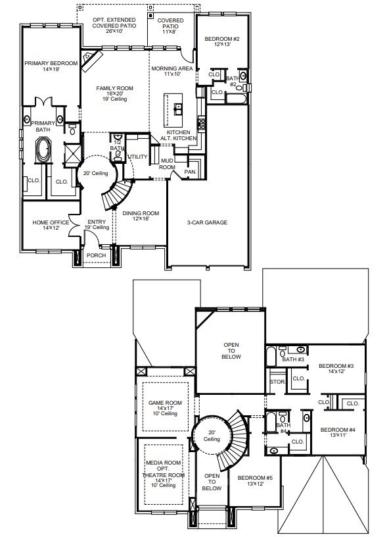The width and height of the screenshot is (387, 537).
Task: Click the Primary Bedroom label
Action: click(x=51, y=64)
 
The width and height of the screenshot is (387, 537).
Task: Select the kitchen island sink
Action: click(x=177, y=107)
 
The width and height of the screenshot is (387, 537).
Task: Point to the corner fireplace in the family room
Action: click(x=91, y=61)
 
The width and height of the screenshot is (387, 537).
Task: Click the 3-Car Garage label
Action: click(x=207, y=222)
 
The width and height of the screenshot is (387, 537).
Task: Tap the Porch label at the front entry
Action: click(x=97, y=255)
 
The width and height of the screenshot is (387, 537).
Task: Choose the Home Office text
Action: click(x=51, y=222)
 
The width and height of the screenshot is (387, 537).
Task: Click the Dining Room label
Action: click(x=141, y=213)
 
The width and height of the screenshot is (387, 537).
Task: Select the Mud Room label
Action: click(x=167, y=165)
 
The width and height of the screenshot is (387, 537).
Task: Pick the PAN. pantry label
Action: click(x=190, y=172)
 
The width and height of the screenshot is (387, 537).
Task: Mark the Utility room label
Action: click(x=137, y=157)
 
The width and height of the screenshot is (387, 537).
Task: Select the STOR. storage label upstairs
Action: click(x=277, y=382)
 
